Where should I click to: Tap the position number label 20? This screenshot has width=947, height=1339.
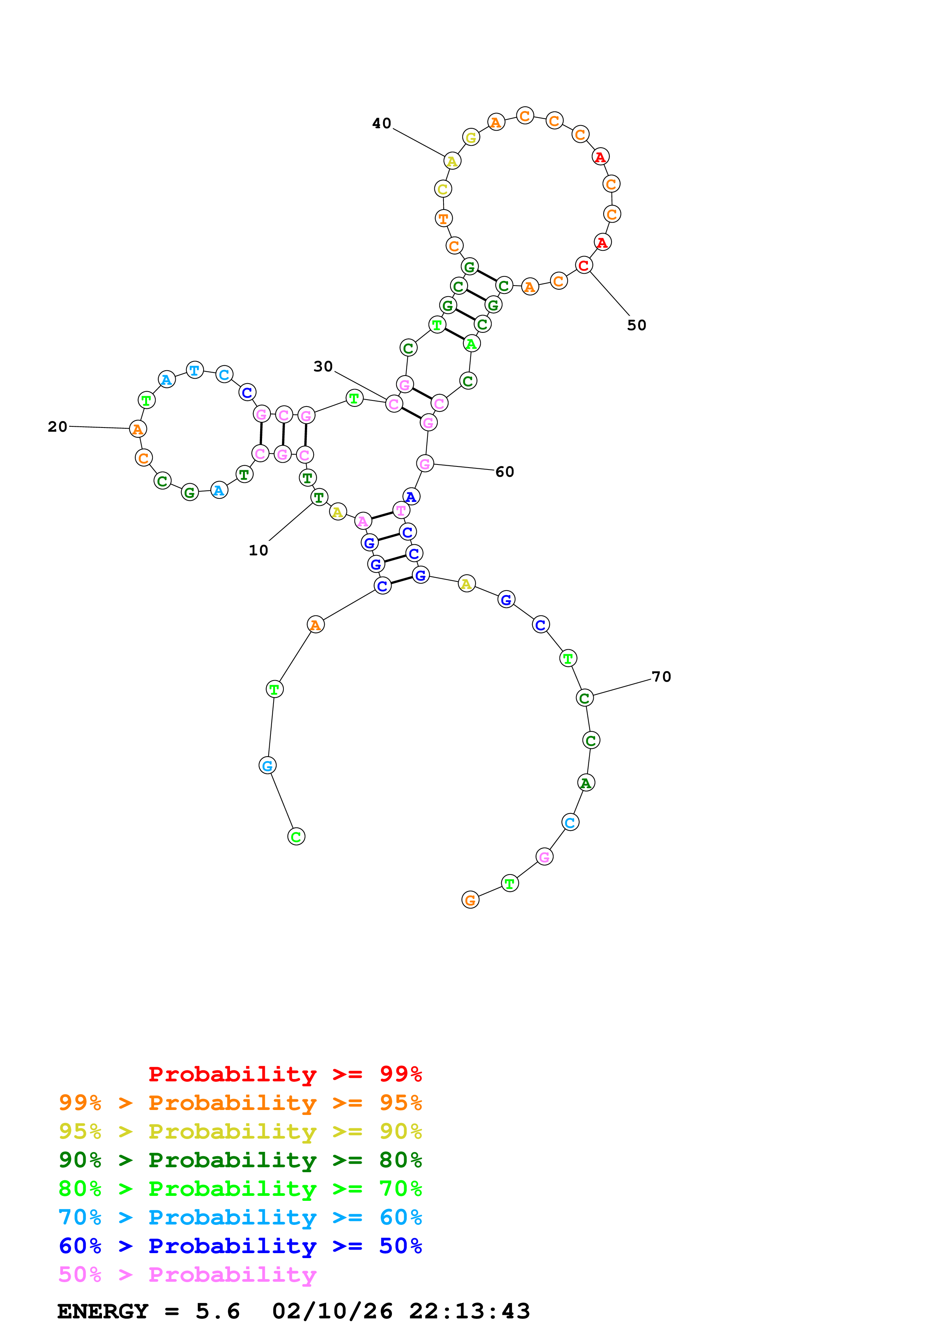tap(57, 427)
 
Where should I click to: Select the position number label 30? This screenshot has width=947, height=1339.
tap(323, 366)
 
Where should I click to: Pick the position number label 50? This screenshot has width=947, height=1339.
tap(636, 326)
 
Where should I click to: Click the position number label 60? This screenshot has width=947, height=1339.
tap(505, 472)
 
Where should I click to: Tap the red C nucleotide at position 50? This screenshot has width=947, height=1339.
tap(583, 265)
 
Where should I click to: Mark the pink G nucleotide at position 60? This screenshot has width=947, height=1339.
tap(425, 464)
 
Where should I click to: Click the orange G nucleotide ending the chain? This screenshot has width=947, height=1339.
tap(470, 900)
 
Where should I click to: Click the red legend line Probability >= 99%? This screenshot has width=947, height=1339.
tap(285, 1074)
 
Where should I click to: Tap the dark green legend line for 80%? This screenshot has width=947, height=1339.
tap(240, 1160)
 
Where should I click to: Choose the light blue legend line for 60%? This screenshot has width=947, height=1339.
tap(240, 1217)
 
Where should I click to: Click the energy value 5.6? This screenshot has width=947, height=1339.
tap(218, 1311)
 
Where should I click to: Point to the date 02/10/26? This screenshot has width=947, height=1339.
tap(332, 1311)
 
